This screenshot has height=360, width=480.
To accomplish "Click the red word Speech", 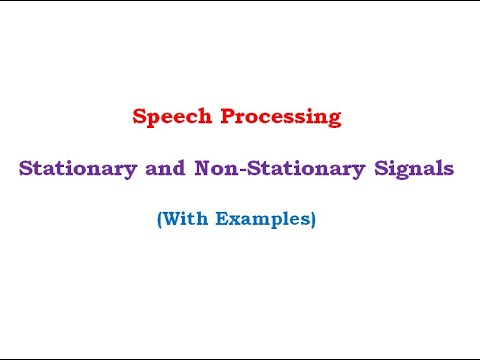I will click(166, 117).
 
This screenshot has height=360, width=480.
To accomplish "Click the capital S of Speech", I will click(138, 117).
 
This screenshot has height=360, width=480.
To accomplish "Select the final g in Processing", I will click(335, 120).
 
